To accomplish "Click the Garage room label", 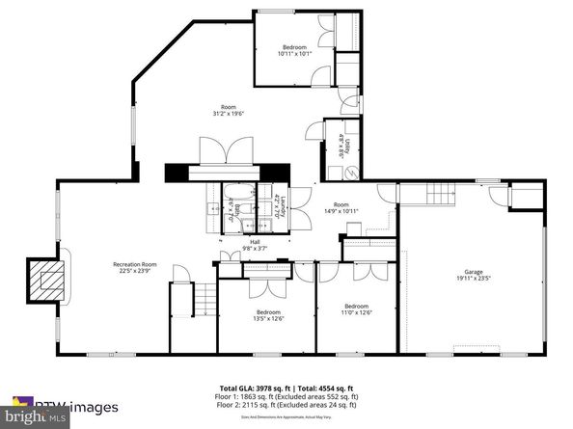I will coord(474,278).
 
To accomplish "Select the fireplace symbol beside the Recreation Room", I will coord(45,280).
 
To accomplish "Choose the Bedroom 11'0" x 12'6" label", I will coord(357,308).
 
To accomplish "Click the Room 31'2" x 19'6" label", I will coord(228,109).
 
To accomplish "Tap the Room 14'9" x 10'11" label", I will coord(341,207).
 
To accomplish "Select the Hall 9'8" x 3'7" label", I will coord(256,245).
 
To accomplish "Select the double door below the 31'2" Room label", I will coord(213,150).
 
